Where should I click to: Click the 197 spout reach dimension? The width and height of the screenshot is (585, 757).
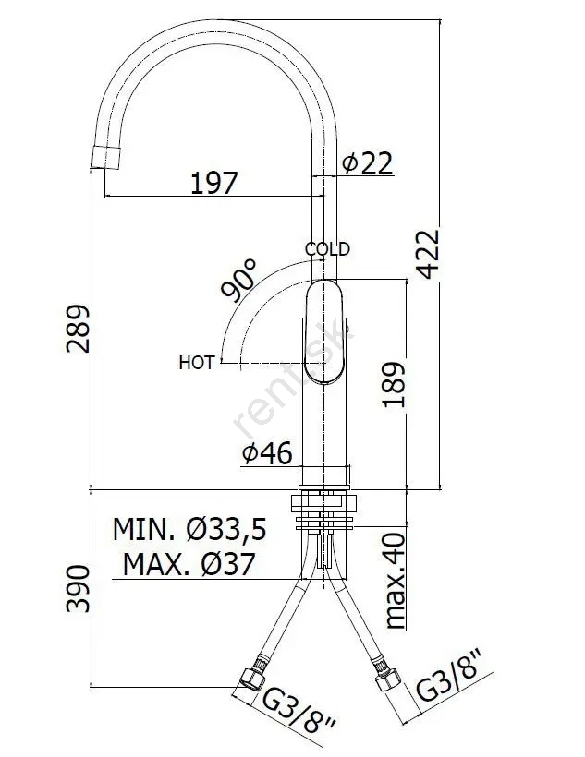pos(214,183)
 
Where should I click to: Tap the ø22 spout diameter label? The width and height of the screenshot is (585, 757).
pos(367,162)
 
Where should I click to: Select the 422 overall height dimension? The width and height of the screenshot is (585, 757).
pos(429,255)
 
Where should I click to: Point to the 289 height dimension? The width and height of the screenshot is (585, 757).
pos(78,329)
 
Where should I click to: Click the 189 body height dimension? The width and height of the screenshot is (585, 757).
pos(393,384)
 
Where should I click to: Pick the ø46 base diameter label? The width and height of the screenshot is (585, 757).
pos(267,453)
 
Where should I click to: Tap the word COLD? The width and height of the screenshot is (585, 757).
pos(327,249)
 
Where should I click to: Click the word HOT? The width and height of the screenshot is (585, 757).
pos(196,363)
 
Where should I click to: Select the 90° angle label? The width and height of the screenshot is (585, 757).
pos(238,280)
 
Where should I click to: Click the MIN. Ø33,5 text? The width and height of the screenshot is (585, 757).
pos(189,529)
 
